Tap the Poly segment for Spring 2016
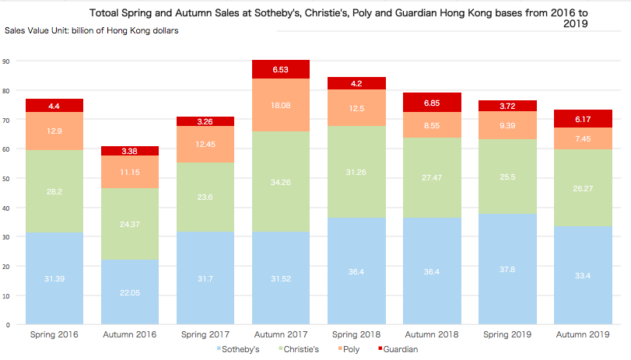point(55,131)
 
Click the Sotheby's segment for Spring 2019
point(508,268)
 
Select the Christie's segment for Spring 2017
point(206,197)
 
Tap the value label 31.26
point(357,173)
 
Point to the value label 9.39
point(508,125)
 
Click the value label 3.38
point(131,151)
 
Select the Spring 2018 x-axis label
point(357,334)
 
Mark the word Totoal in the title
point(108,13)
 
